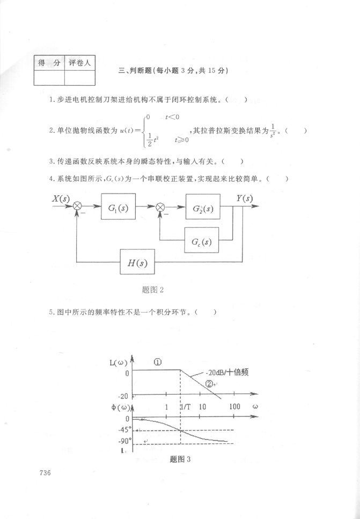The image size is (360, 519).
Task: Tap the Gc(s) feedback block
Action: [x=201, y=241]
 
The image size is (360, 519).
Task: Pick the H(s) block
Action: [x=137, y=263]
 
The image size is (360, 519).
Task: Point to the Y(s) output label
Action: [x=245, y=198]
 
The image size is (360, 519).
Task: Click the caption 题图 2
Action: [x=152, y=290]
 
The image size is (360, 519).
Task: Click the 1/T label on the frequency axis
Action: [x=186, y=407]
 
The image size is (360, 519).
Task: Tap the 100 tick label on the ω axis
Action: [x=234, y=407]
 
